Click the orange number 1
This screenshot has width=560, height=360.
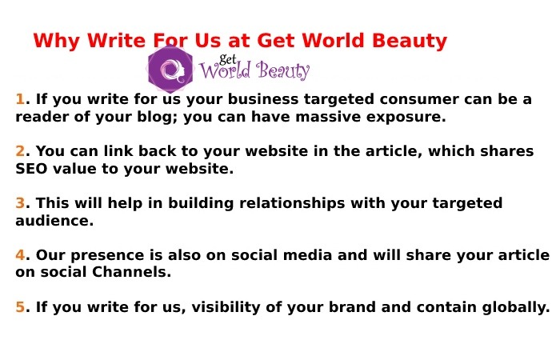point(20,99)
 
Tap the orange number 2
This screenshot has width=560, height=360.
point(20,151)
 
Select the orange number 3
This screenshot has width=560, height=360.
point(20,203)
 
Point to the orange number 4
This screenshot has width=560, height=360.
point(20,255)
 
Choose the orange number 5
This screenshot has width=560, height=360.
point(20,307)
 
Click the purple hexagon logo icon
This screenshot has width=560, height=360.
point(170,70)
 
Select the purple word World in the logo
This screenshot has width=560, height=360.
point(227,72)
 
